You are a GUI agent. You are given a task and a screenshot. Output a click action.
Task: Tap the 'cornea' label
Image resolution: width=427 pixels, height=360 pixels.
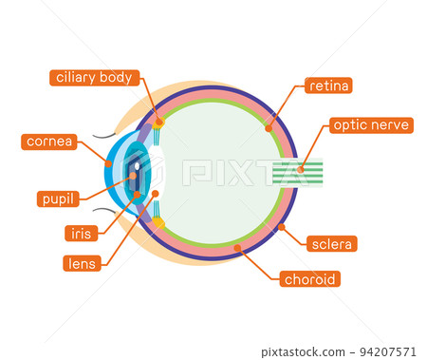[48, 142]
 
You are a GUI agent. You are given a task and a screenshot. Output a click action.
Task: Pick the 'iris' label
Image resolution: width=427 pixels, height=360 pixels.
[81, 233]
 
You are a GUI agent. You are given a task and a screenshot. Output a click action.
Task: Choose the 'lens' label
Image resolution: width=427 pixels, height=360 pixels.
[82, 263]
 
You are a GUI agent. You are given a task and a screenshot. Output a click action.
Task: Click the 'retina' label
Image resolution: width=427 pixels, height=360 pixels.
[329, 85]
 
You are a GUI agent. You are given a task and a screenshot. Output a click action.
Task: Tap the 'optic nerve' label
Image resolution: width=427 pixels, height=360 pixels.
[370, 124]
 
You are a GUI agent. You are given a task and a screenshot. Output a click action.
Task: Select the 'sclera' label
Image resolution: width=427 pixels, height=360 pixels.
[332, 244]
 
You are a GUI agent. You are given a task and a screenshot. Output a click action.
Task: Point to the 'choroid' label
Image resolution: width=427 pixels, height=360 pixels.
[310, 279]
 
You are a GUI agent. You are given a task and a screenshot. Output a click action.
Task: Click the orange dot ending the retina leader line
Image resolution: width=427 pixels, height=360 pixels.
[269, 126]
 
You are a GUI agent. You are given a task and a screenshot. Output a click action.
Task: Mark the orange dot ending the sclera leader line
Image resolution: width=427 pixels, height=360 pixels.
[282, 227]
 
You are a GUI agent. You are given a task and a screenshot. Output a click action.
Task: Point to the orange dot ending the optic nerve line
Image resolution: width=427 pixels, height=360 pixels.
[300, 170]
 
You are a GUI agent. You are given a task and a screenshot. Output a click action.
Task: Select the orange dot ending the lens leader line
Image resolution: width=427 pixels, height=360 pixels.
[155, 194]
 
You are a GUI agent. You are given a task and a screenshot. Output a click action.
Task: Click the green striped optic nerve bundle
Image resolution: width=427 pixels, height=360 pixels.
[298, 172]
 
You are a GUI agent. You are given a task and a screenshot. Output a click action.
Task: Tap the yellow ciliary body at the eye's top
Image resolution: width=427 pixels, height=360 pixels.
[158, 122]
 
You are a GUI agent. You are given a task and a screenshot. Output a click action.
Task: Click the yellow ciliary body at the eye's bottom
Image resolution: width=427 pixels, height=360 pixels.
[158, 223]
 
